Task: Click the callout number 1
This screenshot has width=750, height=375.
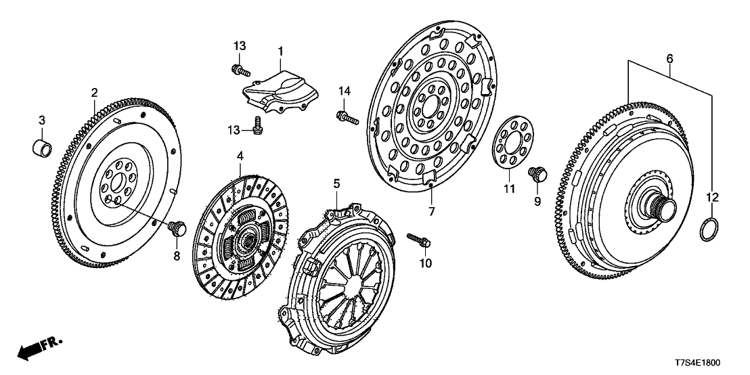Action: tap(280, 51)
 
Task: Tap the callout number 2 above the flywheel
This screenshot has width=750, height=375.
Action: tap(95, 93)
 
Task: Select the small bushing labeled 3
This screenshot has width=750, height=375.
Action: tap(43, 145)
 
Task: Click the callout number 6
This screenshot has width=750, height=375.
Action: tap(669, 59)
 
